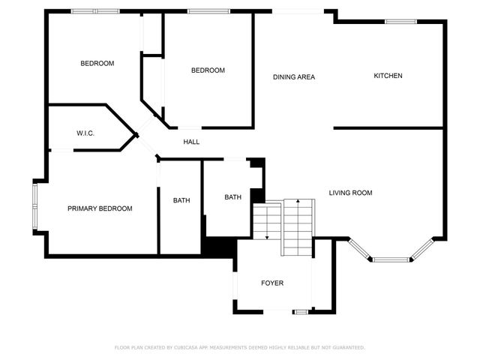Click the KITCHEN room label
pos(388,76)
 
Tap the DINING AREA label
pos(293,76)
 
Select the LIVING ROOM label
pos(350,193)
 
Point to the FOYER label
pos(272,283)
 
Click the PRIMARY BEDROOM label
pos(100,208)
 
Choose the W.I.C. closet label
pos(85,133)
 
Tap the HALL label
pos(191,141)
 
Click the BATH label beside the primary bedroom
pos(181,200)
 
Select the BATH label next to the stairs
pos(232,197)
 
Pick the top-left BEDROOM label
pos(97,64)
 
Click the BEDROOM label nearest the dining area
pos(208,70)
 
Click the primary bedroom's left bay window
pos(34,206)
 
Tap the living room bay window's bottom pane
pos(391,260)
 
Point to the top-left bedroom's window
pos(95,11)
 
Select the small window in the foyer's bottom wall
pos(301,311)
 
